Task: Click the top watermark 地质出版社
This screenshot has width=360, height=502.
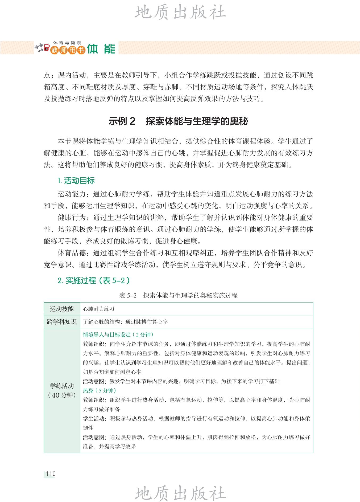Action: coord(180,12)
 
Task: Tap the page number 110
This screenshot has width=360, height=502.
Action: coord(51,474)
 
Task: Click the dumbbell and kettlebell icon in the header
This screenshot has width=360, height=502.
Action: coord(42,48)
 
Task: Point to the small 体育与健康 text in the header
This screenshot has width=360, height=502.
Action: coord(67,43)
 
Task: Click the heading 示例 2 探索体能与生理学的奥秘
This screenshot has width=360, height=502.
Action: coord(178,121)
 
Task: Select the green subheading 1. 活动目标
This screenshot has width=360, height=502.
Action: coord(76,181)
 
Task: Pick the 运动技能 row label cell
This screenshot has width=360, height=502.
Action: coord(62,309)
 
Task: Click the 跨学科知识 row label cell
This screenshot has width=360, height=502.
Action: coord(62,322)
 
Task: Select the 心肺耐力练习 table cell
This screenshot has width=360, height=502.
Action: coord(98,309)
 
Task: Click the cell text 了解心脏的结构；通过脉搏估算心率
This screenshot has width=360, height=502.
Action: coord(125,322)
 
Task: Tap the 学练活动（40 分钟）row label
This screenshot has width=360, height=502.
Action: coord(62,390)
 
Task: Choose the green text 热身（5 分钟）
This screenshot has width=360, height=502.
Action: coord(99,391)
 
